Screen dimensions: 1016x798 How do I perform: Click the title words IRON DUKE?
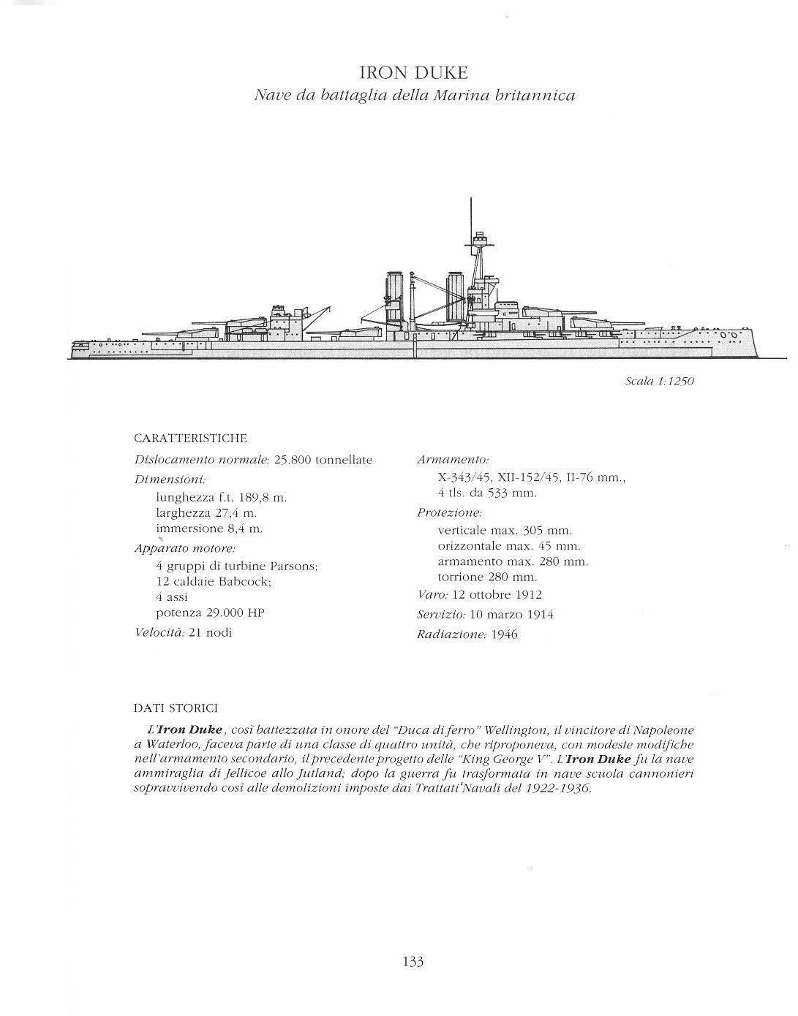coord(413,73)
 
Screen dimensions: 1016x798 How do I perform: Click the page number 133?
coord(413,961)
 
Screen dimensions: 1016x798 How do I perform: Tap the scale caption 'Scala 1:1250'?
coord(659,381)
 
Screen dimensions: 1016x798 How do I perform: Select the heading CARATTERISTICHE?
coord(191,439)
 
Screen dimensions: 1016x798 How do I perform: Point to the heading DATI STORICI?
coord(176,708)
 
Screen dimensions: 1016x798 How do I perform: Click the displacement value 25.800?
coord(294,460)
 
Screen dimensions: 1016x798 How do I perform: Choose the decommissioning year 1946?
coord(504,634)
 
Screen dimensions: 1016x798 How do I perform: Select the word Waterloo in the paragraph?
coord(170,745)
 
